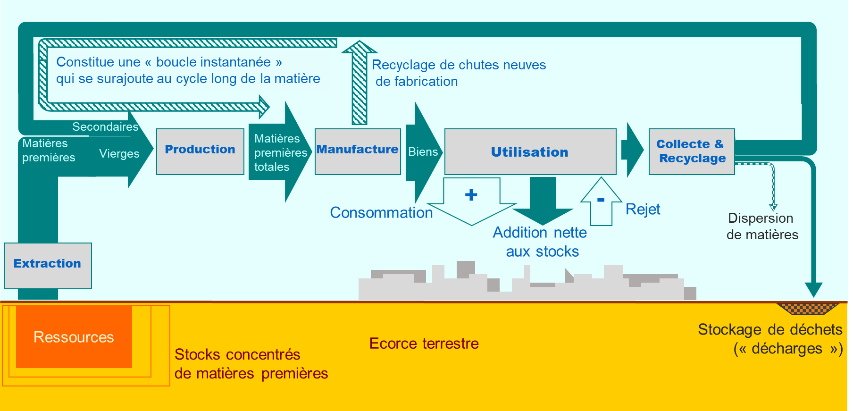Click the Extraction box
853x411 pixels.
[x=48, y=265]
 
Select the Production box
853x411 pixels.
[x=200, y=151]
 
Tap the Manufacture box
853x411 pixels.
[x=358, y=151]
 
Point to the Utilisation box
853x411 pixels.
[x=530, y=151]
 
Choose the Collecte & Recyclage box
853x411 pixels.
[x=692, y=151]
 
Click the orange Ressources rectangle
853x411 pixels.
[x=74, y=337]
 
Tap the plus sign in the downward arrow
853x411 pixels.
[x=471, y=195]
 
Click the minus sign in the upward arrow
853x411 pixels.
[x=601, y=200]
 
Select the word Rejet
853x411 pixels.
[x=643, y=209]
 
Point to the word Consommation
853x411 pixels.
[x=381, y=213]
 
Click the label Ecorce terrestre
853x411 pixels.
[x=424, y=344]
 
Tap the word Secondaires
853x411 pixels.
[x=105, y=127]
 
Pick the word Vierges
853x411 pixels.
[x=119, y=154]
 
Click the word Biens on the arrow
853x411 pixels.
[x=423, y=152]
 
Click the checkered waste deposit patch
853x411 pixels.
[x=808, y=309]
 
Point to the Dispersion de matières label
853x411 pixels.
[x=762, y=226]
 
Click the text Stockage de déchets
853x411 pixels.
[x=770, y=329]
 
